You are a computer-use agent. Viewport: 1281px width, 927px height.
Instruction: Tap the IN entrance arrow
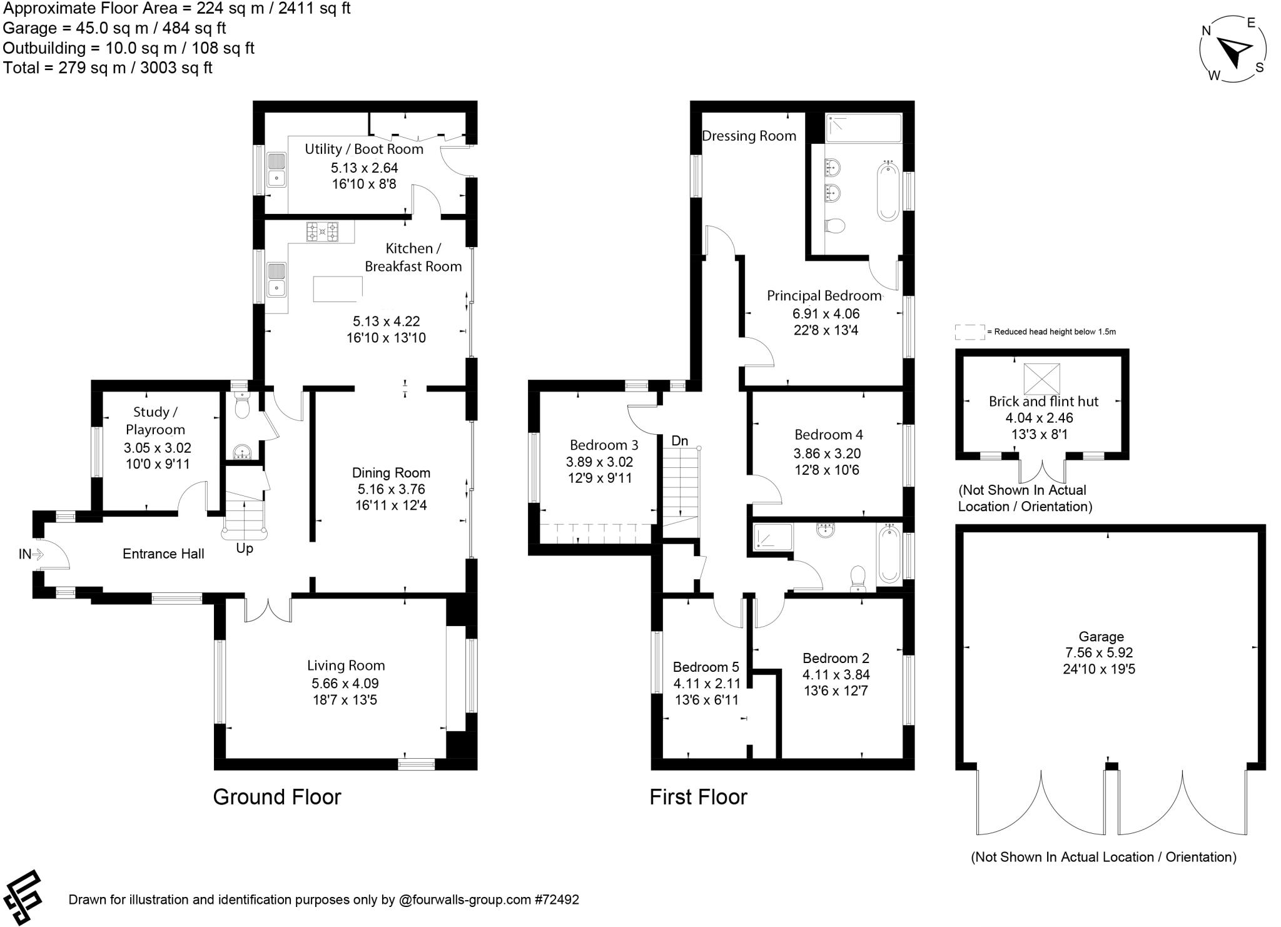click(x=37, y=554)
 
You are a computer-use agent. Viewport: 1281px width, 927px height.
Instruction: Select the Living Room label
click(x=345, y=666)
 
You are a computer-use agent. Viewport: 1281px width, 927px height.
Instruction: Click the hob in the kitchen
click(x=322, y=231)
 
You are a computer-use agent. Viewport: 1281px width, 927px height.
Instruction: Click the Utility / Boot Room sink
click(x=276, y=170)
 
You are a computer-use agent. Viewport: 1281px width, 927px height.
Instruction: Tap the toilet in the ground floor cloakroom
click(x=241, y=407)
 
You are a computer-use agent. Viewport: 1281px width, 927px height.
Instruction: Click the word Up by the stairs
click(x=245, y=549)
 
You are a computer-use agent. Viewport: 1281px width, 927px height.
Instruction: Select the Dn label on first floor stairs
click(x=679, y=441)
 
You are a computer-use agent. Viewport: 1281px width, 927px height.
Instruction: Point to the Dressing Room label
click(x=749, y=136)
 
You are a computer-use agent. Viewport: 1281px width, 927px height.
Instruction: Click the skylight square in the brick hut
click(x=1041, y=378)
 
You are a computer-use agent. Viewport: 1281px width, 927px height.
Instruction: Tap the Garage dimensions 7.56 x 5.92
click(x=1099, y=652)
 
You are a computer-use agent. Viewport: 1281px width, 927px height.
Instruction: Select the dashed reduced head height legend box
click(x=970, y=332)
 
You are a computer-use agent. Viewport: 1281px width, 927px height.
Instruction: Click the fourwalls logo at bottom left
click(x=23, y=897)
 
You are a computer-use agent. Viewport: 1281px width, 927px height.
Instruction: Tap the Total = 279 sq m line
click(x=108, y=68)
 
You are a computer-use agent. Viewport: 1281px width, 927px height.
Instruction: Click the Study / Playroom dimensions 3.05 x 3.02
click(x=157, y=448)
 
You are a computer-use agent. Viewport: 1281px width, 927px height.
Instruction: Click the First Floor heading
click(x=698, y=797)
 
